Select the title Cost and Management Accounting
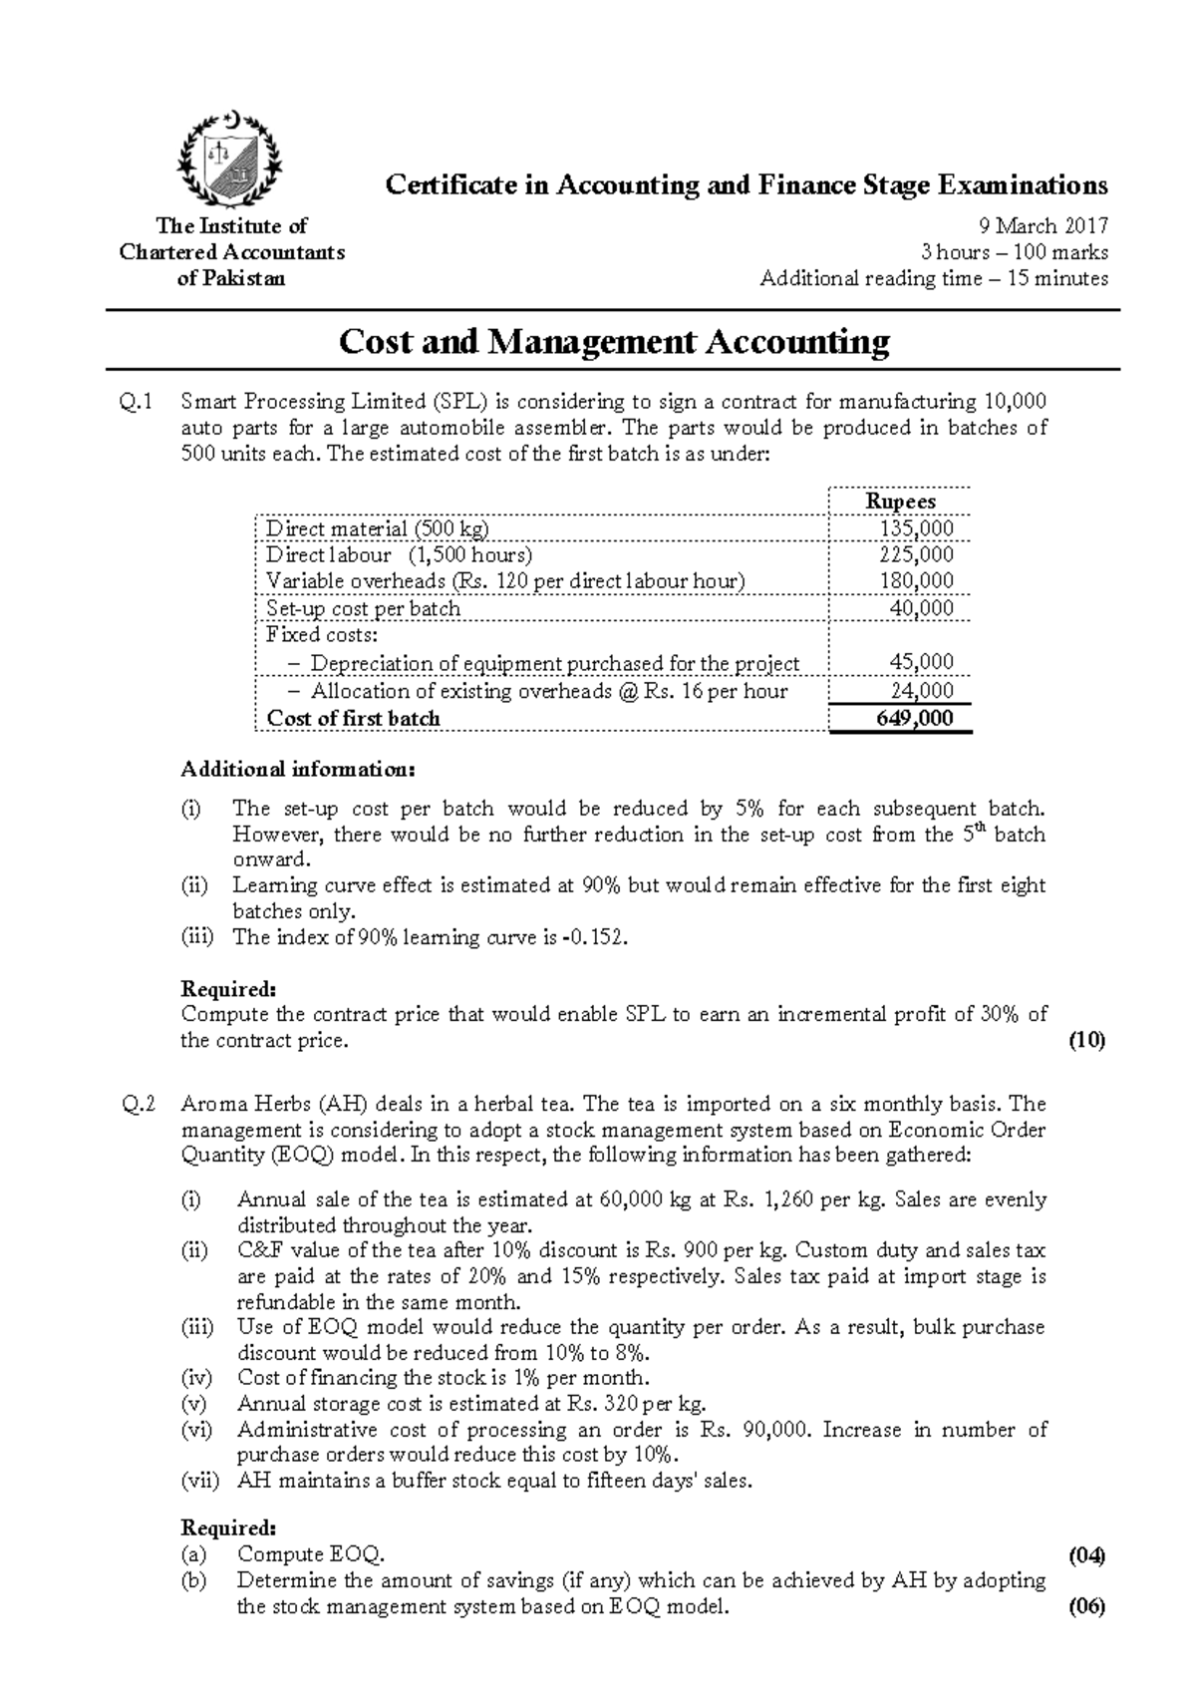[614, 342]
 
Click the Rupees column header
[900, 501]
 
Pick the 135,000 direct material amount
[916, 527]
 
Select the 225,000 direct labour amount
[916, 554]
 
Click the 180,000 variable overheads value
[916, 580]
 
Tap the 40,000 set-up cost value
[921, 608]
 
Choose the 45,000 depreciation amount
[921, 662]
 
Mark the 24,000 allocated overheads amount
[921, 691]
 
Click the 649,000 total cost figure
[915, 718]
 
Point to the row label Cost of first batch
[353, 718]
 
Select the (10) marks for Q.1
[1086, 1041]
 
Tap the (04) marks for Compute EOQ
[1086, 1554]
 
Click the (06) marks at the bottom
[1086, 1607]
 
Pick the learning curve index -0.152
[595, 937]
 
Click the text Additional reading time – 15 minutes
[934, 278]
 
